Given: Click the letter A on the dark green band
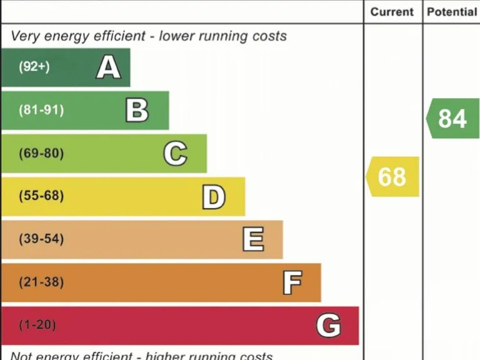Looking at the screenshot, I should (x=108, y=67).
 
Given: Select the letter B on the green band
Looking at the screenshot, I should (x=137, y=110).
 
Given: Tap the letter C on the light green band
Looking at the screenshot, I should (x=175, y=153).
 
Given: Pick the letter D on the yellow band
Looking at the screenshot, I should (x=213, y=196).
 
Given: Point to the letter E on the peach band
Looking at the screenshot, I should (x=253, y=239).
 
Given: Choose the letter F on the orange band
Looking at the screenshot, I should (x=292, y=282).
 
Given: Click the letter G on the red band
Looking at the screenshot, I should (x=328, y=325).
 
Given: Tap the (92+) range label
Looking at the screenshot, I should (x=34, y=67).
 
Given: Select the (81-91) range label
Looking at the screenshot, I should (x=41, y=110).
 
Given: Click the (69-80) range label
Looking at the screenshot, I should (x=41, y=153).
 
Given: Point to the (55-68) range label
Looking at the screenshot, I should (x=41, y=196).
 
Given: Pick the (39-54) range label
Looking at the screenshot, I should (x=41, y=239).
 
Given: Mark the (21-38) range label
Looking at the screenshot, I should (x=41, y=282).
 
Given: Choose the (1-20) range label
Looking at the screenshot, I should (x=37, y=325).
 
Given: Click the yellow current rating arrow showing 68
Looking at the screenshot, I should (x=392, y=177).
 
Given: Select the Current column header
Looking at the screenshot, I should (x=392, y=12).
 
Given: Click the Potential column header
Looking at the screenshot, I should (x=451, y=12).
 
